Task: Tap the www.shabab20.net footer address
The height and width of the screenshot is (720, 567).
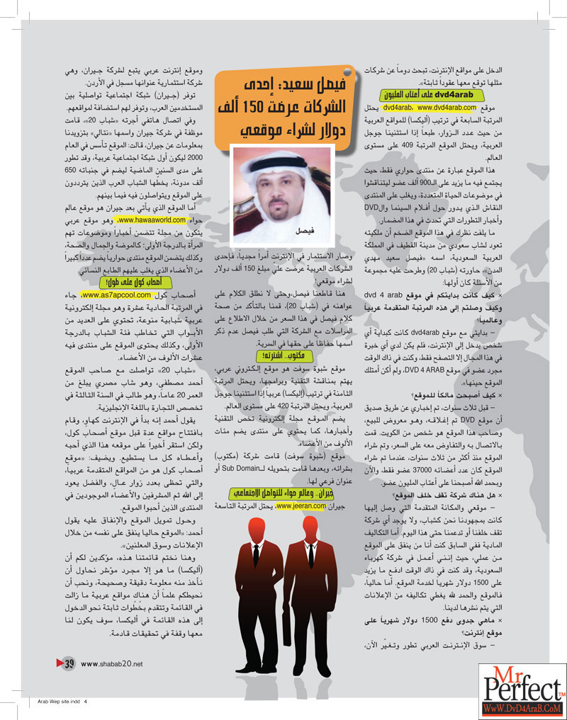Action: pos(112,663)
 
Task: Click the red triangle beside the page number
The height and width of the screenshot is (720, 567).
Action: pos(59,663)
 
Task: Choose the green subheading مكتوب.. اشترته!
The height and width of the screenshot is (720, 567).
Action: pos(271,354)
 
